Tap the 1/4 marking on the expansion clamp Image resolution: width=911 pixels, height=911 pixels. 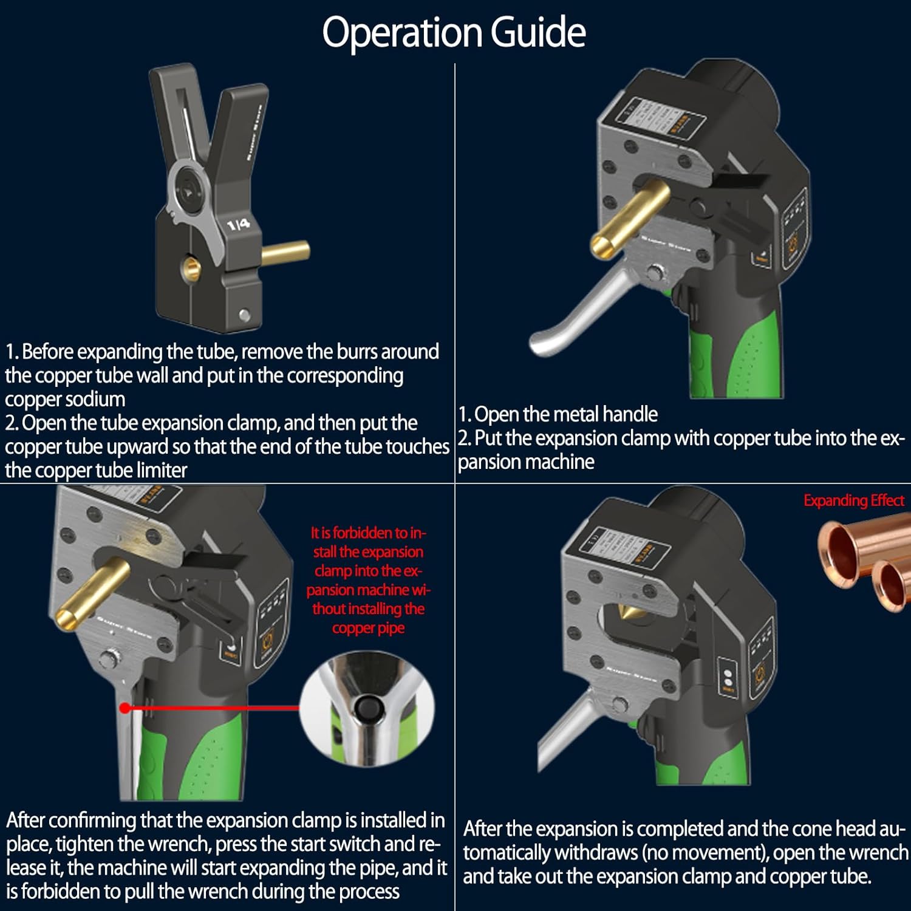(x=238, y=225)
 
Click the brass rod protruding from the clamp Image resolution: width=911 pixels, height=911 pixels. (x=285, y=252)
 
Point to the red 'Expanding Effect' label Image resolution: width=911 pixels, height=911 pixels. (x=853, y=500)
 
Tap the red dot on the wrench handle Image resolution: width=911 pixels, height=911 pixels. (x=125, y=708)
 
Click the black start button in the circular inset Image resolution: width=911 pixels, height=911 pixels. (x=367, y=708)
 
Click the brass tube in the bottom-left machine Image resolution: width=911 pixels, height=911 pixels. (x=91, y=592)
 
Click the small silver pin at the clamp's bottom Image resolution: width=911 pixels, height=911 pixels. (x=244, y=315)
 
